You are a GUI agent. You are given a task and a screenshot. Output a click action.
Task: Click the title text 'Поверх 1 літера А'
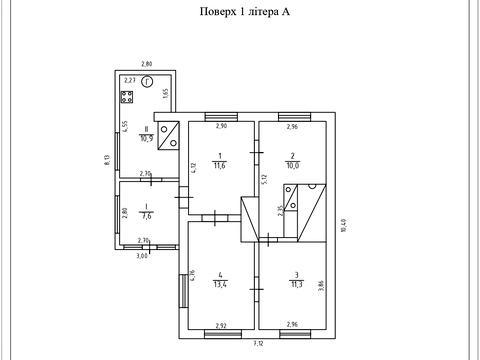click(x=245, y=12)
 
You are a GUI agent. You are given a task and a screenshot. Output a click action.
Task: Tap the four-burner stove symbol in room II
click(x=127, y=97)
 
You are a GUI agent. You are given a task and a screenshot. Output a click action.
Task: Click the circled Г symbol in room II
click(x=147, y=82)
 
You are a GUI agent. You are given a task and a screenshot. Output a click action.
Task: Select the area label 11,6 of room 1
click(x=220, y=165)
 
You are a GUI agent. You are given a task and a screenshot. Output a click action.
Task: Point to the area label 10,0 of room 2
click(x=292, y=165)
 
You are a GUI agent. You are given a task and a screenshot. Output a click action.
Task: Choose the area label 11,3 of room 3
click(x=296, y=284)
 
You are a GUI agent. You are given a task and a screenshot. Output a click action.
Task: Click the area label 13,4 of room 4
click(x=220, y=284)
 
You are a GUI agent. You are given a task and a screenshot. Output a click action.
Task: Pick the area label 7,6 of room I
click(x=145, y=216)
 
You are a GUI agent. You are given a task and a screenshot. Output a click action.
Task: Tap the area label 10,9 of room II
click(x=146, y=138)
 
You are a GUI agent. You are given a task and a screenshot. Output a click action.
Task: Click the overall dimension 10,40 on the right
click(x=344, y=225)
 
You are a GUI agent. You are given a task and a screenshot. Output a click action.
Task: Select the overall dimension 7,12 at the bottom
click(x=258, y=343)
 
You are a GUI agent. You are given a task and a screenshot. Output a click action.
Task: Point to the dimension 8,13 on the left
click(x=107, y=160)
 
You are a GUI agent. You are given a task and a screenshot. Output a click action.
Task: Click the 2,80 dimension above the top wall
click(x=147, y=64)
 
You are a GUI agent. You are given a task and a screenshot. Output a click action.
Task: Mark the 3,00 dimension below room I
click(x=142, y=256)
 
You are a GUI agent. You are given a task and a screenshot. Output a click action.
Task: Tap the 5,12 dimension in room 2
click(x=265, y=180)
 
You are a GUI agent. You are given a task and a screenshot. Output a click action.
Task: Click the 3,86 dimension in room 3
click(x=321, y=285)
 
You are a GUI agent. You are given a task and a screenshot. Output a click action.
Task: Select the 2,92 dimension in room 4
click(x=221, y=325)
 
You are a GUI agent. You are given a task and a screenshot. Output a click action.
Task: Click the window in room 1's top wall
click(x=221, y=117)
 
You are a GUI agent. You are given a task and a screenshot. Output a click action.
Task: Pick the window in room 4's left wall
click(x=183, y=291)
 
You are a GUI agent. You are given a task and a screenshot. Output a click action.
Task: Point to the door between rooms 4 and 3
click(x=257, y=289)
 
